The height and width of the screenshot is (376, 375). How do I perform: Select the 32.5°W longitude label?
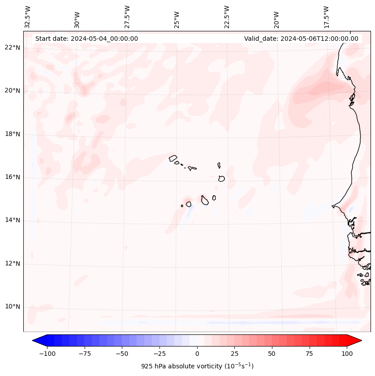coord(28,17)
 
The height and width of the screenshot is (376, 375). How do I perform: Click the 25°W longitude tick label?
coord(177,17)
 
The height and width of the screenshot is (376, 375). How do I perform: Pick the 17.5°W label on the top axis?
coord(326,17)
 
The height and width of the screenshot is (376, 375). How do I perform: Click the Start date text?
coord(86,39)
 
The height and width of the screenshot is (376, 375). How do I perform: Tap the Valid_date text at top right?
coord(301,39)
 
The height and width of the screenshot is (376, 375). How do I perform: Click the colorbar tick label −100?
coord(47,354)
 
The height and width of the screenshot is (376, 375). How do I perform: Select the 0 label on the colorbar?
coord(197,354)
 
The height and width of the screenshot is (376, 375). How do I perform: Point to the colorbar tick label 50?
coord(272,354)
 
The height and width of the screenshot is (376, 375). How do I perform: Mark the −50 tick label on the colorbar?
coord(122,354)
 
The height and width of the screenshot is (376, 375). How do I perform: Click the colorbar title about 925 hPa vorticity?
coord(197,366)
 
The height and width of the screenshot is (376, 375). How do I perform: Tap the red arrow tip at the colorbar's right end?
coord(358,341)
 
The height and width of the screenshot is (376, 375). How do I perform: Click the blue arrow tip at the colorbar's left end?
coord(35,341)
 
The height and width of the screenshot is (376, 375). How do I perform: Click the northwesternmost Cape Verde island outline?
coord(173,158)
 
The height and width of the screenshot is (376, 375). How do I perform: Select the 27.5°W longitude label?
coord(127,17)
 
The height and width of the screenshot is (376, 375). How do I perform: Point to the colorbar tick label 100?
coord(347,354)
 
